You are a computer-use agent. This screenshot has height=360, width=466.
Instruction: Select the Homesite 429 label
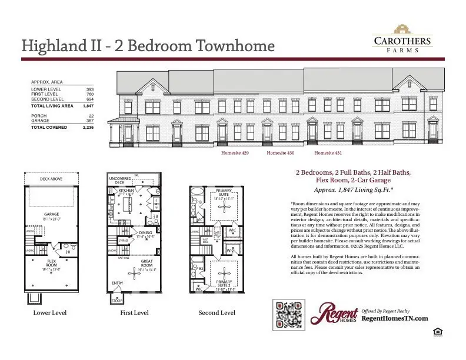click(x=235, y=153)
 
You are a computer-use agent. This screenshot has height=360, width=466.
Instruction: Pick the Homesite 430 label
click(x=281, y=153)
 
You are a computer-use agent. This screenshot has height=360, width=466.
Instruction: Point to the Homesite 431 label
click(x=328, y=153)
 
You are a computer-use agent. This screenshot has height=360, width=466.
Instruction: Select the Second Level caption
click(x=217, y=313)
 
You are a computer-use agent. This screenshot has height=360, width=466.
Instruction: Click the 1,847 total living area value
click(x=88, y=106)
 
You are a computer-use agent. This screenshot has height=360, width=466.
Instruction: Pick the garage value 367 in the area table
click(x=90, y=121)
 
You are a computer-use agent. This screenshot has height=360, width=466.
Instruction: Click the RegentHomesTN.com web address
click(x=394, y=318)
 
